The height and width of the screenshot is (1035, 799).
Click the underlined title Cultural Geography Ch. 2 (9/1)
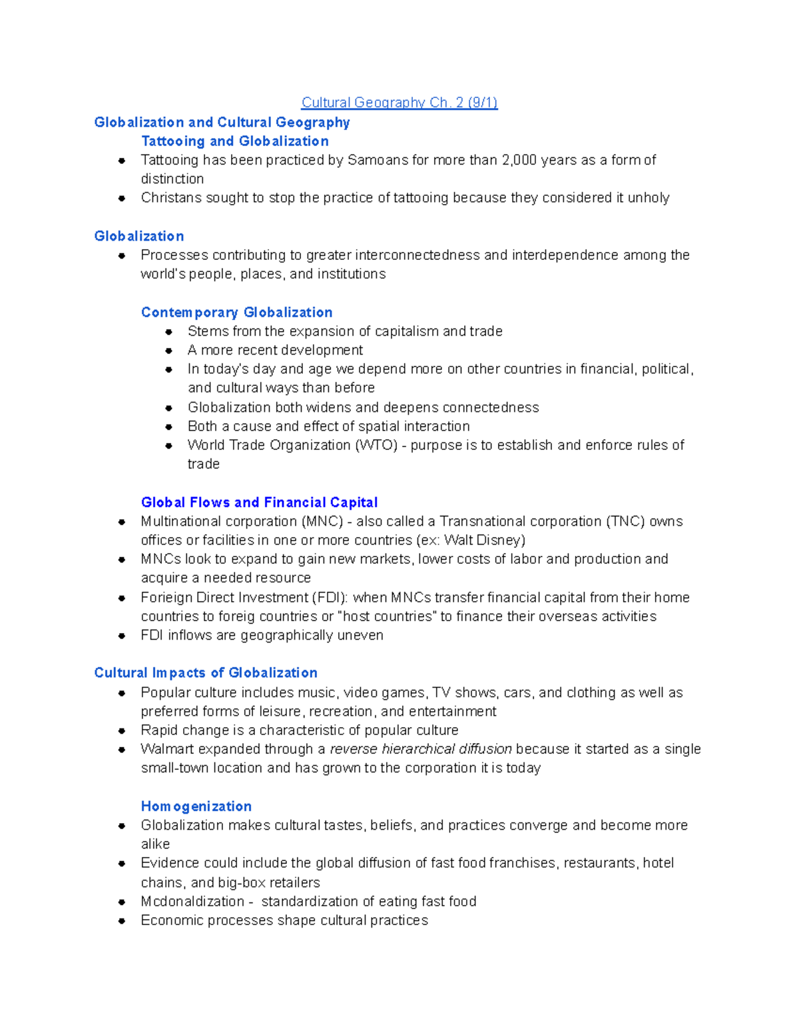[400, 103]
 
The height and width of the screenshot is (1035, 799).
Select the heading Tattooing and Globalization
[234, 141]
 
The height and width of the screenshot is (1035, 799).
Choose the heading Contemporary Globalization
[236, 313]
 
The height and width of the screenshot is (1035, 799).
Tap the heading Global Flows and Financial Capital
[259, 503]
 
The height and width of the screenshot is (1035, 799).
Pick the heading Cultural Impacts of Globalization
[206, 673]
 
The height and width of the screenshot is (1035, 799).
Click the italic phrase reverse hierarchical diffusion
[421, 749]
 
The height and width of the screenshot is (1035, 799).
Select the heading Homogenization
[196, 806]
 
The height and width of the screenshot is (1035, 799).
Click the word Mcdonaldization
[192, 902]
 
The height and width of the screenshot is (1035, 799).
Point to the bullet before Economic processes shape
[122, 921]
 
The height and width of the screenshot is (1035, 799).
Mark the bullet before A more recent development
[168, 351]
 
